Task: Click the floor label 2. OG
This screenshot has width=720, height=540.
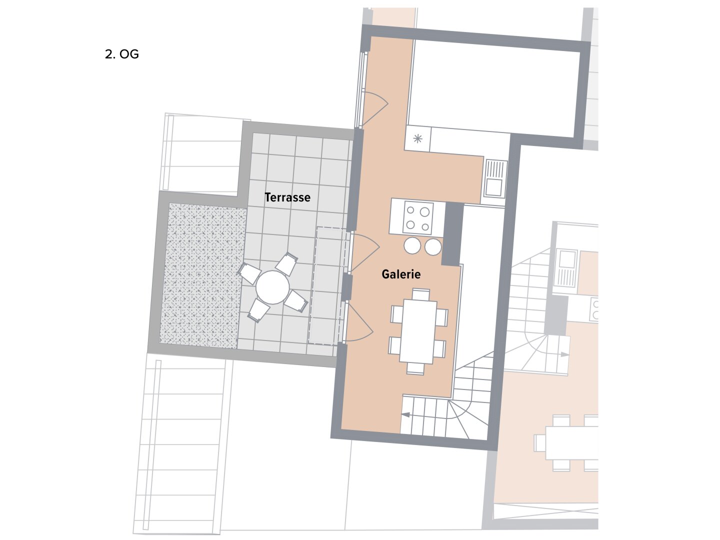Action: coord(121,54)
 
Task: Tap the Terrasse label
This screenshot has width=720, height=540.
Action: coord(287,197)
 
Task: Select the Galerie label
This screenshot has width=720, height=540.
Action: coord(401,274)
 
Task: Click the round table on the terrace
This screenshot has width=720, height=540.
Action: coord(272,287)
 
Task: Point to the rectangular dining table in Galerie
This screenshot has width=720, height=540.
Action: coord(418,331)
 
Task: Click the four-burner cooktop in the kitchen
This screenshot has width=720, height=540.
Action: coord(418,218)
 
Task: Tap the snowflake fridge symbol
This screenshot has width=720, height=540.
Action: coord(417,139)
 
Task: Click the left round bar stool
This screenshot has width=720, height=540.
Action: coord(412,246)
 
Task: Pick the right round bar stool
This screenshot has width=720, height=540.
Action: coord(433,246)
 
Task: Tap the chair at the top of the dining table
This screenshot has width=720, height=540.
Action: coord(421,294)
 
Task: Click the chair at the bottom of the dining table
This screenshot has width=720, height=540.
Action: coord(415,368)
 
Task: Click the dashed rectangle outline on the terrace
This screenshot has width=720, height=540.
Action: coord(329,285)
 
